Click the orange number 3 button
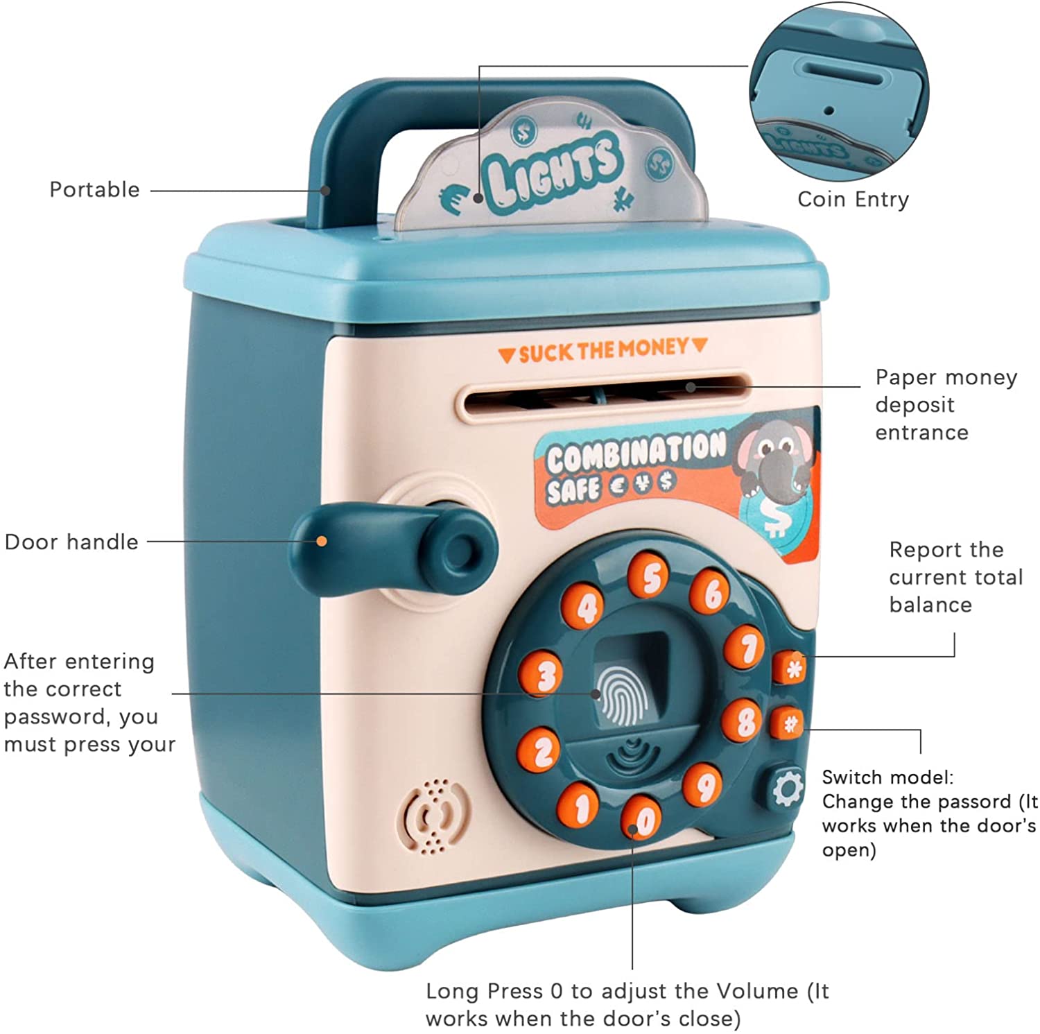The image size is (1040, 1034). [541, 673]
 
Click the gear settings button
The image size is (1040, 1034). [786, 788]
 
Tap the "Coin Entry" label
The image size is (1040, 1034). [853, 199]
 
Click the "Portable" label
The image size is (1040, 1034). [94, 189]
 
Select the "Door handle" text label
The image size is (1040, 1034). [71, 542]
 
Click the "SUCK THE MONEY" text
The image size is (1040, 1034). [603, 351]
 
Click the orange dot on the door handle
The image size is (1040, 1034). [322, 541]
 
